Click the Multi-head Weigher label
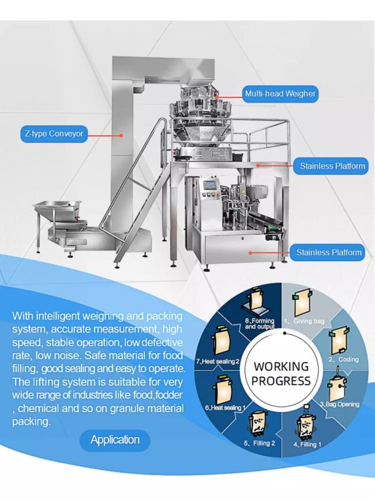pos(280,93)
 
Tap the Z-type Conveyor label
pos(53,134)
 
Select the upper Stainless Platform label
pos(332,167)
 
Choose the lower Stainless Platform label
pos(329,252)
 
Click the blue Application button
pos(115,440)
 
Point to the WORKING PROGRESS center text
pos(282,373)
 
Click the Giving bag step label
pos(312,321)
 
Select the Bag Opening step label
pos(342,405)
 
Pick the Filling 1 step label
pos(307,444)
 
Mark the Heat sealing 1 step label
pos(226,408)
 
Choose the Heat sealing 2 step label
pos(218,361)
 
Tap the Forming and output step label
pos(260,323)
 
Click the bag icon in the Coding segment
pos(338,342)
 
